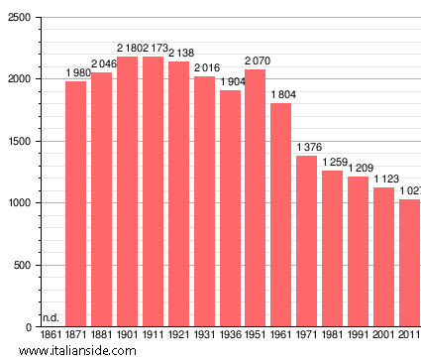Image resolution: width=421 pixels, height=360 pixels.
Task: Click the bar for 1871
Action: coord(75,204)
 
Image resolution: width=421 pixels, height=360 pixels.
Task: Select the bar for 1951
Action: coord(256,198)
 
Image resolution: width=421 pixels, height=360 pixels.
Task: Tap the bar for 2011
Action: coord(409,263)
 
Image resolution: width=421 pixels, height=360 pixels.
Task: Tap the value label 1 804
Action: coord(282,94)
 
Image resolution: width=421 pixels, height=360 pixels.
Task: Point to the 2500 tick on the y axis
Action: coord(20,17)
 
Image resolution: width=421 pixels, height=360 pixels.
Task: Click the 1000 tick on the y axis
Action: coord(20,203)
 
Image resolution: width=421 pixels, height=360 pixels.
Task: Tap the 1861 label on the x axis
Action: coord(52,336)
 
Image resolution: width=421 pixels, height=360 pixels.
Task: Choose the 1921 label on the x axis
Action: coord(178,336)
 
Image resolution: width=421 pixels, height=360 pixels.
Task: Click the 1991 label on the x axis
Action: coord(358,336)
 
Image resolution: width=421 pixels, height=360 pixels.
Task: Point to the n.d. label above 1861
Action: coord(52,317)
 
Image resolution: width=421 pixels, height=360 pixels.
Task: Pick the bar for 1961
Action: coord(281,215)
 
